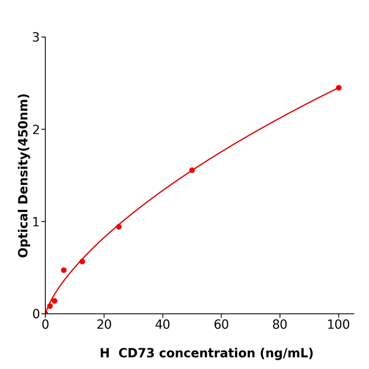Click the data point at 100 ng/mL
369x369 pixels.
tap(338, 88)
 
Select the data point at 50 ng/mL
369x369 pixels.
tap(192, 170)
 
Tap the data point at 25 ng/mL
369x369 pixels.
tap(119, 227)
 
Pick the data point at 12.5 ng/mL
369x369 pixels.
tap(82, 261)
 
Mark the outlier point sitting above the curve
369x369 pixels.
tap(64, 270)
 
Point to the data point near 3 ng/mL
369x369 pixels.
tap(54, 301)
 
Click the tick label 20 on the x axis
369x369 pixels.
tap(104, 325)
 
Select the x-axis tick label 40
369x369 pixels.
tap(162, 325)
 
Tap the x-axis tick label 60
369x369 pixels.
tap(221, 325)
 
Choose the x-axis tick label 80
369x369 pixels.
tap(280, 325)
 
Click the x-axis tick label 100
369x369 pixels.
tap(338, 325)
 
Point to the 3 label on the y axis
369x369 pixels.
tap(36, 37)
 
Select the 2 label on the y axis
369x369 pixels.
tap(36, 130)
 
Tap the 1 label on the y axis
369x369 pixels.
tap(36, 222)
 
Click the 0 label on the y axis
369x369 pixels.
tap(36, 314)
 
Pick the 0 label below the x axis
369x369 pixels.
tap(45, 325)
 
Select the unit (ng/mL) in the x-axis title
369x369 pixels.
tap(286, 354)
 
